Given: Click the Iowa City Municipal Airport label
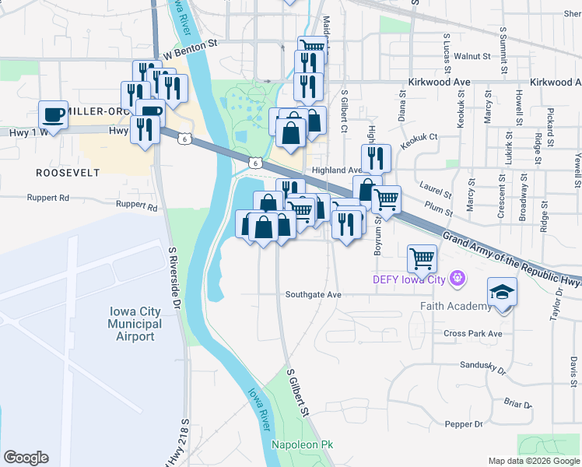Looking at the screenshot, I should [135, 324].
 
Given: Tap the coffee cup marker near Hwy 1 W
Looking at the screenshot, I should [54, 114].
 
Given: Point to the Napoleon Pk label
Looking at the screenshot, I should [302, 444].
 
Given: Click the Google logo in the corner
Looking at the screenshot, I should [26, 457].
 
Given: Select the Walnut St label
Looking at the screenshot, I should [472, 56].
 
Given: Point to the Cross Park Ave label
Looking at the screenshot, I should [473, 333].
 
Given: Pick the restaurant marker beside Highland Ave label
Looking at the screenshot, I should [376, 157].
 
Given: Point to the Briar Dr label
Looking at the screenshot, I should [517, 403].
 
